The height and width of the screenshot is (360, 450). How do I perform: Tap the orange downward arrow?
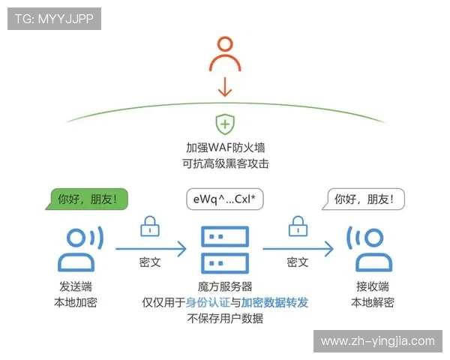click(x=225, y=88)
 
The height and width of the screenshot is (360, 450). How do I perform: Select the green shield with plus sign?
click(x=225, y=124)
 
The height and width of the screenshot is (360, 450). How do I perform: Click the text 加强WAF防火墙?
click(x=225, y=148)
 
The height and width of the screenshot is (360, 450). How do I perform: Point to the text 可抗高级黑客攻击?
click(x=225, y=163)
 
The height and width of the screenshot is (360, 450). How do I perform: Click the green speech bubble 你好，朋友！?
click(x=88, y=199)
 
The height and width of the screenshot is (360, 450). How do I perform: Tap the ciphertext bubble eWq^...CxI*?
click(x=224, y=199)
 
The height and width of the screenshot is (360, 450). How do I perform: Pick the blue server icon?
click(x=225, y=249)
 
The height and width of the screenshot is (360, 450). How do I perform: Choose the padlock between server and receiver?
click(x=298, y=225)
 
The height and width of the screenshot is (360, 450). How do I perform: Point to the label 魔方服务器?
click(x=225, y=286)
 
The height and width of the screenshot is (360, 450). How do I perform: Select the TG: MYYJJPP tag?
click(x=54, y=19)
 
